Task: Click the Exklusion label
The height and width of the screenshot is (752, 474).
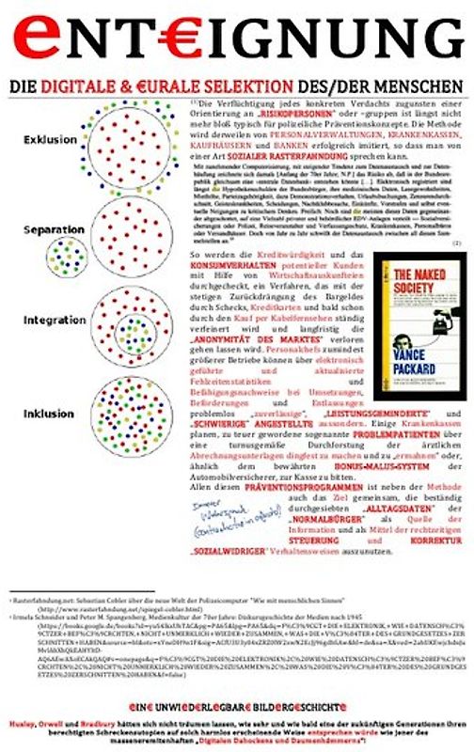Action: pyautogui.click(x=48, y=140)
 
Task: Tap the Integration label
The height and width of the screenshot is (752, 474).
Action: pyautogui.click(x=47, y=321)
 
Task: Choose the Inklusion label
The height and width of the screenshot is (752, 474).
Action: pyautogui.click(x=48, y=413)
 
